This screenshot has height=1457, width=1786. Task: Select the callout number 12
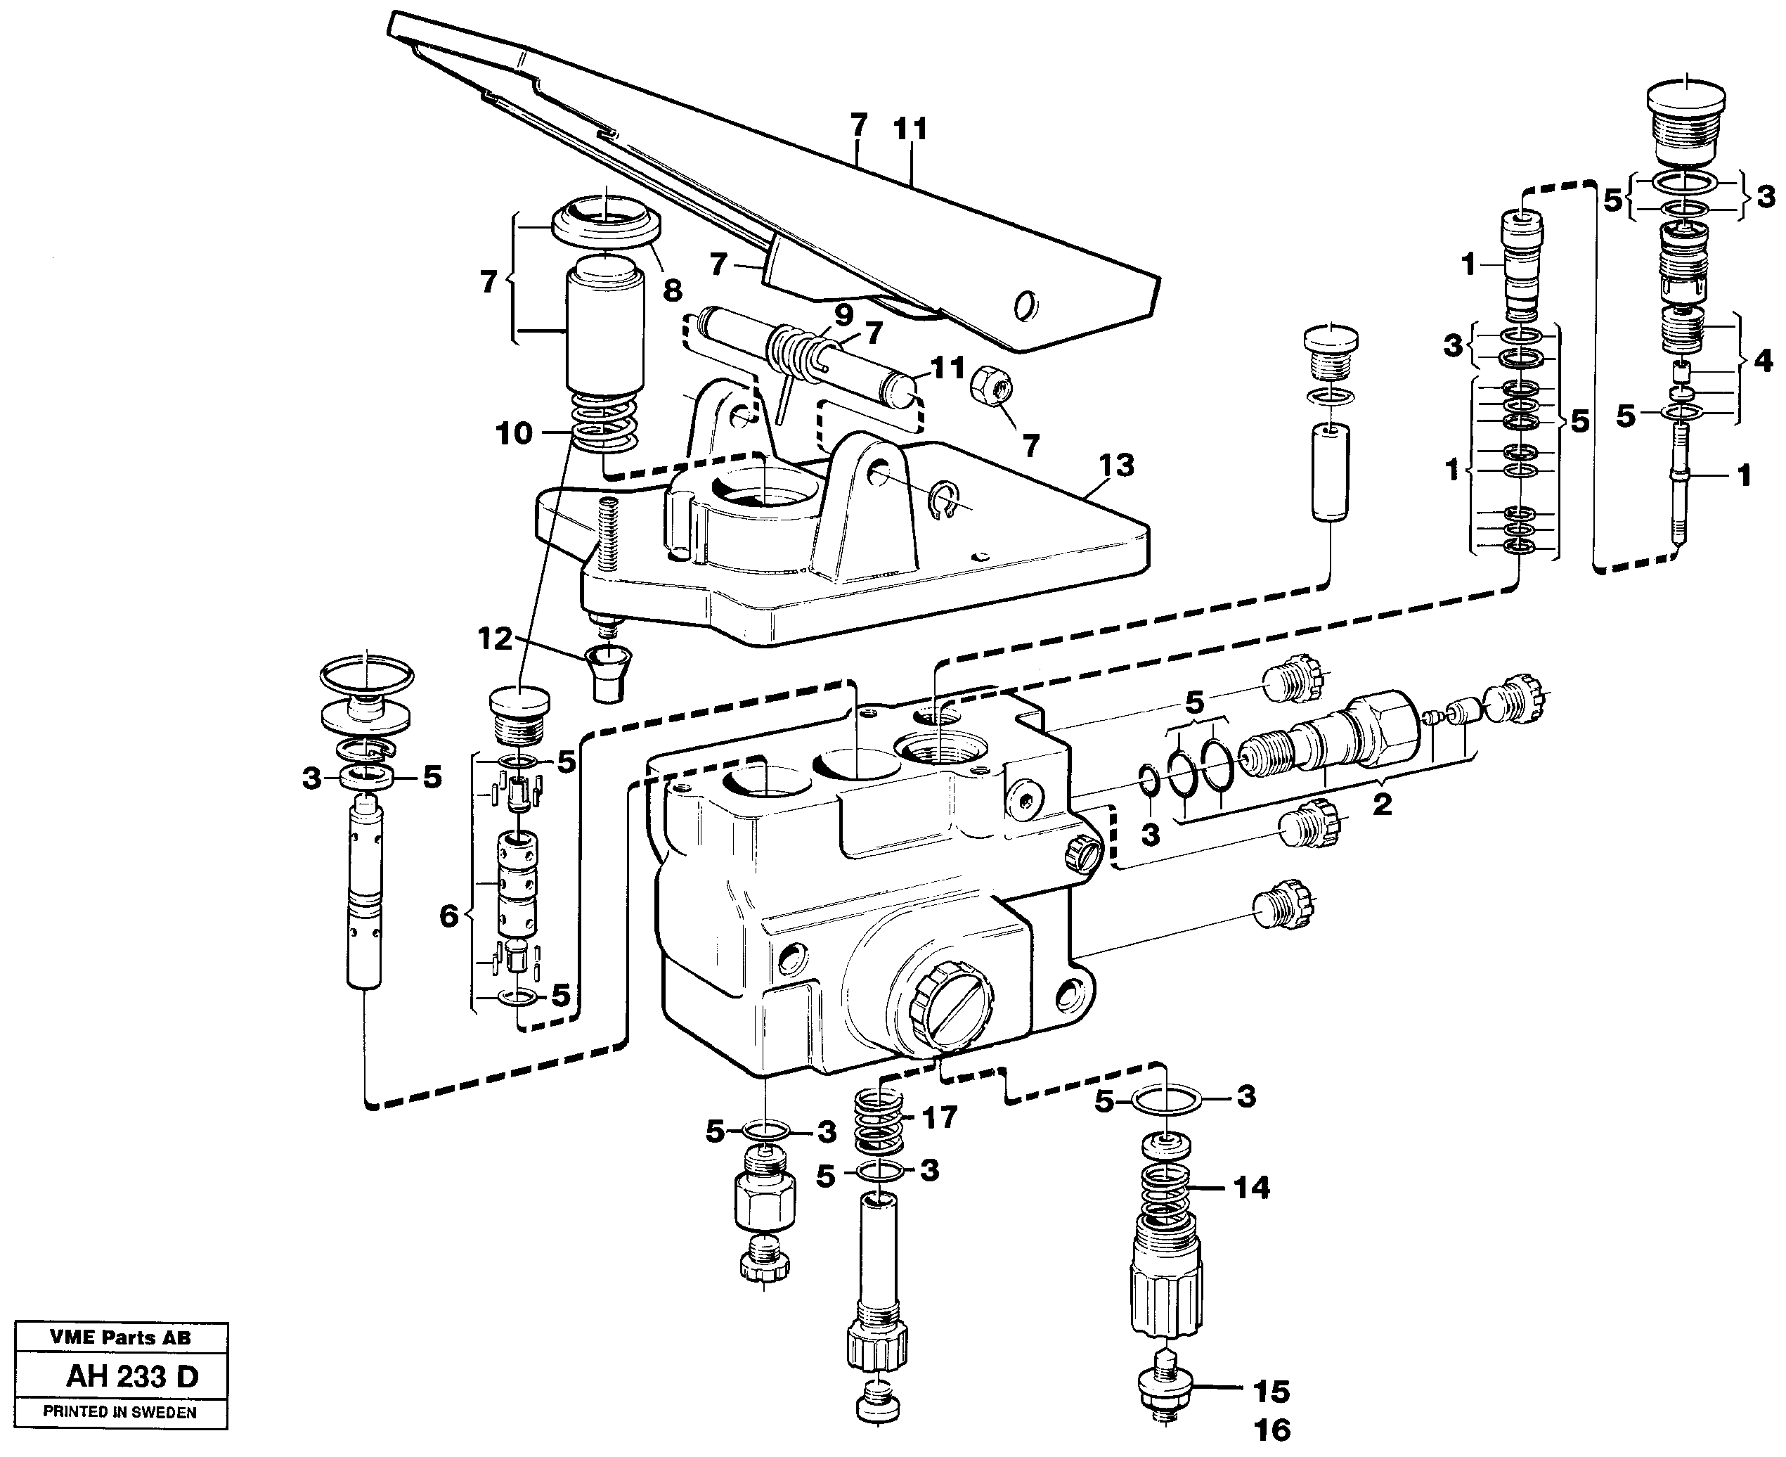click(494, 638)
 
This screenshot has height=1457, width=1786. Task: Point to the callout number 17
click(939, 1117)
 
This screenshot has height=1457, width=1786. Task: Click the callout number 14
click(1251, 1188)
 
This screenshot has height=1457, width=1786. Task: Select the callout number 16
click(1271, 1430)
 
